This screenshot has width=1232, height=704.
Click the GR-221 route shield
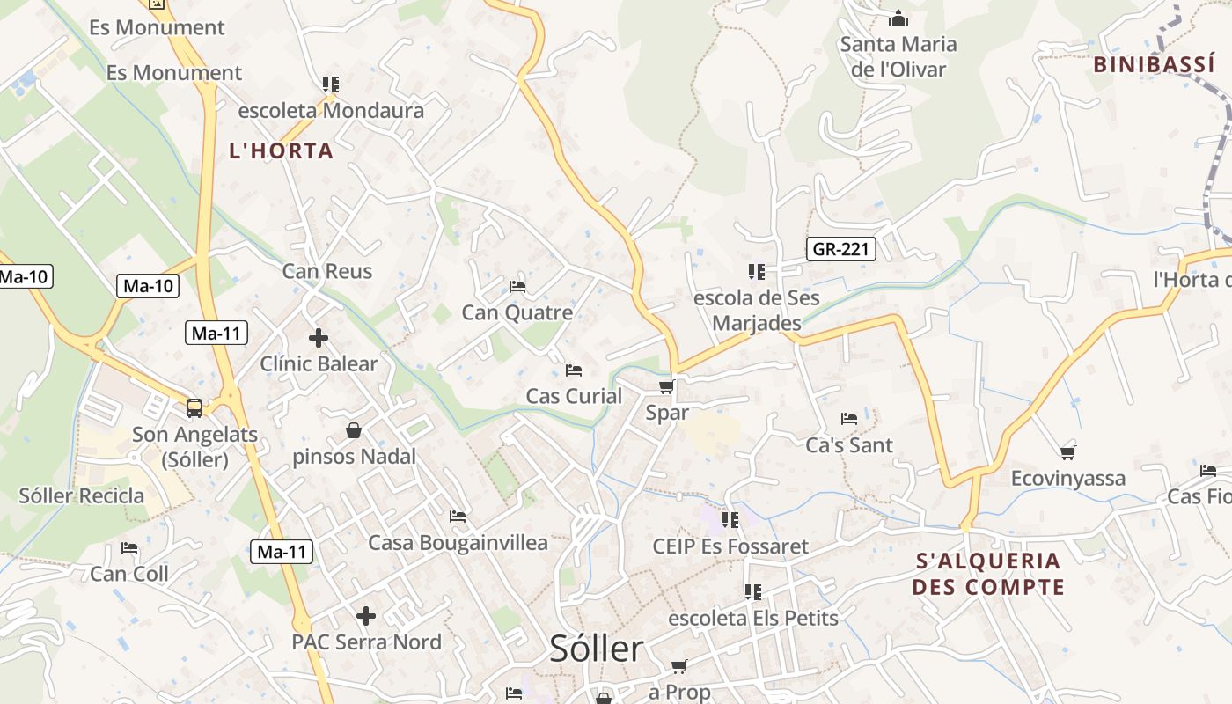(840, 249)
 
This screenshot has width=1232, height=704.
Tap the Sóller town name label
(597, 649)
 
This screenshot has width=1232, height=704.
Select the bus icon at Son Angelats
(194, 408)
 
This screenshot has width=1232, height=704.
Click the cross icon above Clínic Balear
(319, 338)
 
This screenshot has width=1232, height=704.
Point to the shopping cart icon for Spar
(667, 387)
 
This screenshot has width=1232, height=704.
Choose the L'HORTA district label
(282, 150)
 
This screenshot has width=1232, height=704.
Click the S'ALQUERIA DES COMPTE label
(988, 574)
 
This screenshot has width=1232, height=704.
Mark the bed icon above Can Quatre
(517, 287)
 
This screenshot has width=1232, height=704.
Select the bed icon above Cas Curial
(574, 370)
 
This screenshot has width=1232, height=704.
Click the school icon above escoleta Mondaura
(331, 84)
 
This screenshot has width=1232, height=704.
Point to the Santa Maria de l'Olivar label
(898, 56)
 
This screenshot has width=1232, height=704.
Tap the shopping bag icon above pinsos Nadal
(354, 430)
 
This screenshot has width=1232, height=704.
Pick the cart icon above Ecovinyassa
(1068, 453)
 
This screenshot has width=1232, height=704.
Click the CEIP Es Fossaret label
(730, 546)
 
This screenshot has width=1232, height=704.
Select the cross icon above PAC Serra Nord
(366, 616)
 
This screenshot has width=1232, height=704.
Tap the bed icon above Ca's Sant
(849, 419)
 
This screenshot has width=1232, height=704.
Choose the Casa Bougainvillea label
(458, 542)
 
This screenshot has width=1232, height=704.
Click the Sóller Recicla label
(82, 495)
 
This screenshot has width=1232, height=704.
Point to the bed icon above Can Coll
(129, 548)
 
